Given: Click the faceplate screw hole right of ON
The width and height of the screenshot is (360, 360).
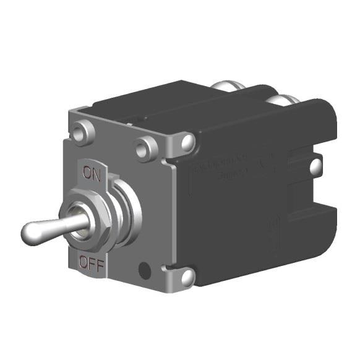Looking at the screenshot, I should (147, 148).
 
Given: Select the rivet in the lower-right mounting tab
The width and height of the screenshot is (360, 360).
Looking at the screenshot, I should (187, 276).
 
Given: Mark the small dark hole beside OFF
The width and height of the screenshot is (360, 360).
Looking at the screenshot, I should (145, 270).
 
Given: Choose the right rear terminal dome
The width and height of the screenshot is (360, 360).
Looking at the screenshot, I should (290, 101).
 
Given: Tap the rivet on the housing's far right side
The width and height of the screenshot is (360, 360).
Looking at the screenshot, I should (315, 165).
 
